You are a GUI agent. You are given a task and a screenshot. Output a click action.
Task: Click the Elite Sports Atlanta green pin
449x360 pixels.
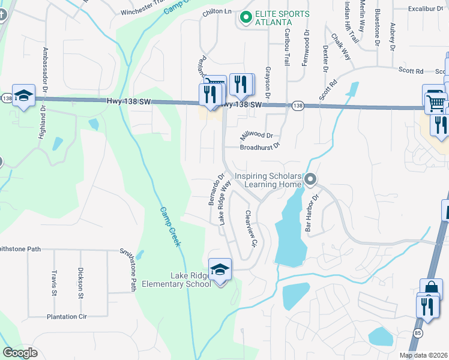245,17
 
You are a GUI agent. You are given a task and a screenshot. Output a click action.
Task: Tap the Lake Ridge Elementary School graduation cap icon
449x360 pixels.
220,269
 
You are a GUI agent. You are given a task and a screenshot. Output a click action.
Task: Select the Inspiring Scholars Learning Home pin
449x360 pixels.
310,179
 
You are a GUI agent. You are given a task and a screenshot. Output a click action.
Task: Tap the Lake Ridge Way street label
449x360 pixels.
225,203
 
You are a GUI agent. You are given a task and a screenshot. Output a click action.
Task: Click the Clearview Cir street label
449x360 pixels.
251,229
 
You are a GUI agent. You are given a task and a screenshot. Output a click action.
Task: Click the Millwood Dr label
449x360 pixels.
256,136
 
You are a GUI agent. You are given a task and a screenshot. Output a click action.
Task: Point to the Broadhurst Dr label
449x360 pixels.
260,147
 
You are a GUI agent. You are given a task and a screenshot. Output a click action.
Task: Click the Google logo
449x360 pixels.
20,353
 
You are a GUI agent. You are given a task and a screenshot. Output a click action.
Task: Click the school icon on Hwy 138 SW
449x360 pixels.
24,96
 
